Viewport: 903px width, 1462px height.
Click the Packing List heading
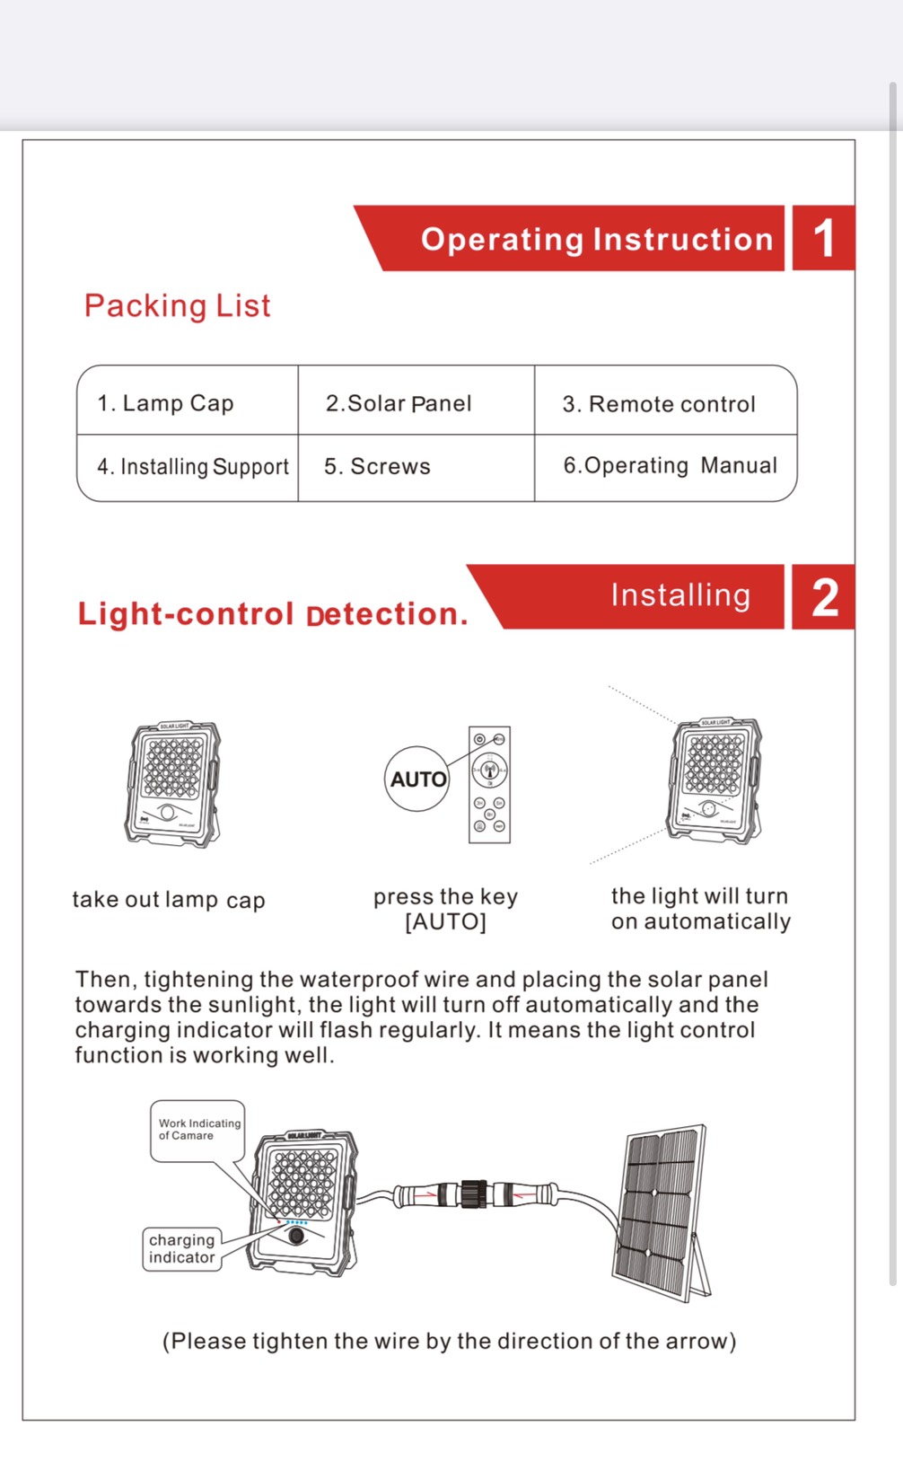click(177, 306)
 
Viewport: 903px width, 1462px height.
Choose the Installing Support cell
click(193, 467)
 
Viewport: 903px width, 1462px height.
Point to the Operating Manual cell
click(670, 466)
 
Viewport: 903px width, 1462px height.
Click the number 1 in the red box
click(823, 239)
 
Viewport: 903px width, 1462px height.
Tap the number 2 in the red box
click(824, 598)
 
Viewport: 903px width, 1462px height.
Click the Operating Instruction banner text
click(597, 240)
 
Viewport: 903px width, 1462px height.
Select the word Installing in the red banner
click(680, 595)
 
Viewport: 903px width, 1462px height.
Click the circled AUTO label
click(417, 779)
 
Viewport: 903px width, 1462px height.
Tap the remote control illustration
click(489, 785)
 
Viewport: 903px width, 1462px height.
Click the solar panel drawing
click(662, 1208)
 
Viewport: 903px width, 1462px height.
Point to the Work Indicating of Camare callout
click(198, 1130)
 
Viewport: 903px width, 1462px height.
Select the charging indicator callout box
click(182, 1248)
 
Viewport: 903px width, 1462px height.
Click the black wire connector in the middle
click(473, 1194)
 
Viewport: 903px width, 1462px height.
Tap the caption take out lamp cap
click(169, 900)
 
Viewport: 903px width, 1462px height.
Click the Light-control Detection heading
click(273, 614)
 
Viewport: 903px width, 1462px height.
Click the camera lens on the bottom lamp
click(296, 1237)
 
